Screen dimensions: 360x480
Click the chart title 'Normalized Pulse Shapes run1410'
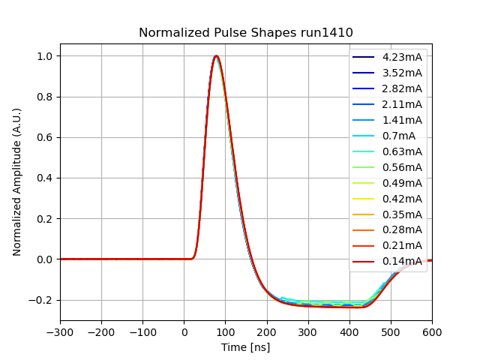coord(246,33)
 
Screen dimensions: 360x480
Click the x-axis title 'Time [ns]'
coord(246,347)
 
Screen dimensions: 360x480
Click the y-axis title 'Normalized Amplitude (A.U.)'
coord(17,181)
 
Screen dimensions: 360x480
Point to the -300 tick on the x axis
coord(60,332)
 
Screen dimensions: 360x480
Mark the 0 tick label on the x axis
coord(184,332)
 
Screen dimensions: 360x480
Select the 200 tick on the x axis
coord(266,332)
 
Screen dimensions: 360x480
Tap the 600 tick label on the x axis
coord(432,332)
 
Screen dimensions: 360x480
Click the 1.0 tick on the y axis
coord(44,56)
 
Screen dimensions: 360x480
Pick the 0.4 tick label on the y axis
coord(44,178)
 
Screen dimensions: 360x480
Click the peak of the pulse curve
coord(216,56)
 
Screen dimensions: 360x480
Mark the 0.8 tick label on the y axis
coord(44,97)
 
